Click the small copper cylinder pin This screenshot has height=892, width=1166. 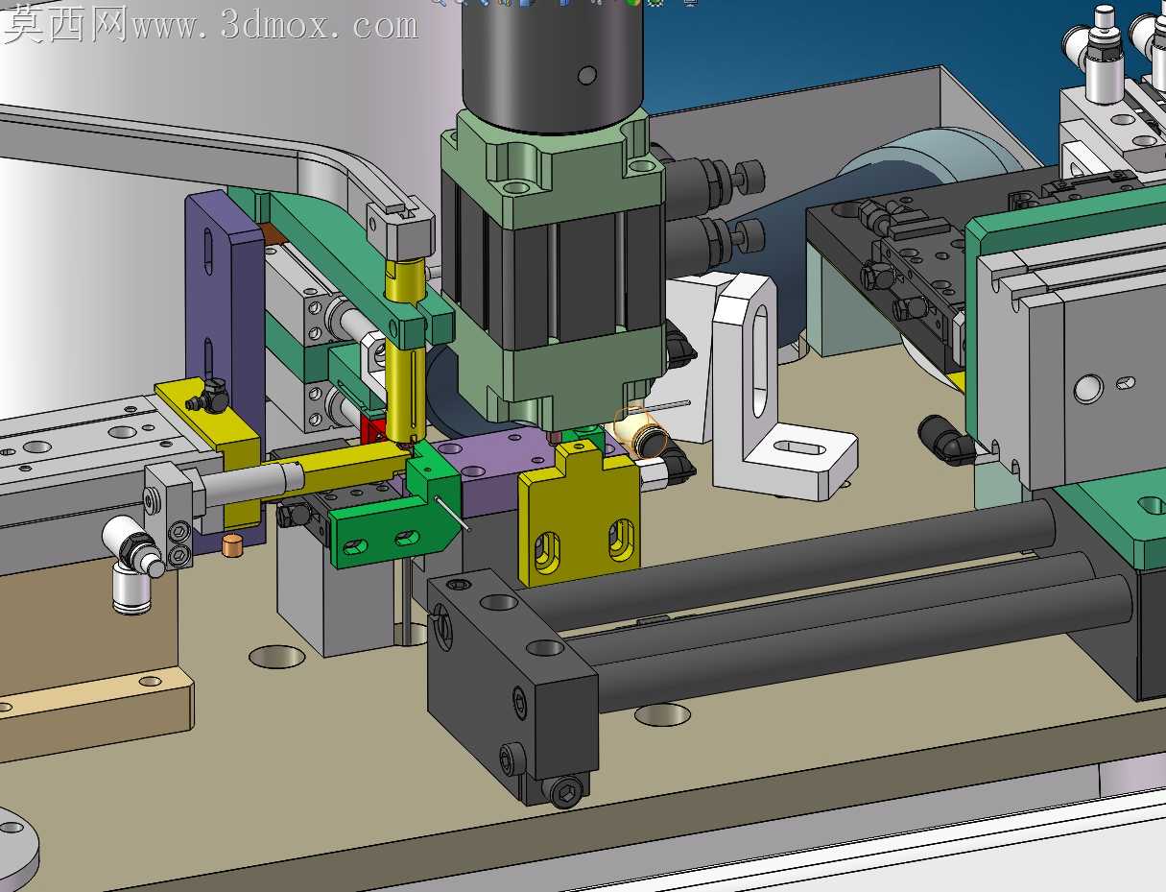tap(231, 545)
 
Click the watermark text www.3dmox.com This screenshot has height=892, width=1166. tap(274, 25)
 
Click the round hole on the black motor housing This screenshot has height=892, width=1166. tap(586, 75)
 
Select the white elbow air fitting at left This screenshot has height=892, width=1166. tap(132, 564)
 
